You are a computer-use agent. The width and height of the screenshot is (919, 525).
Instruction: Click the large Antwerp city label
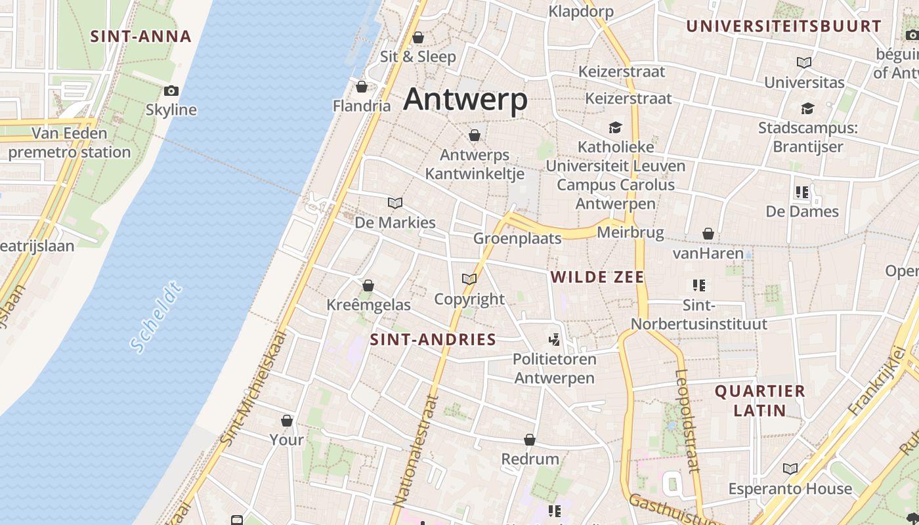[x=465, y=100]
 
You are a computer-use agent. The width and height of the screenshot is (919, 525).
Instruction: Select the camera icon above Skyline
[x=171, y=91]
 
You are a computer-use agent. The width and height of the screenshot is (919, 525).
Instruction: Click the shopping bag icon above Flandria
[x=361, y=87]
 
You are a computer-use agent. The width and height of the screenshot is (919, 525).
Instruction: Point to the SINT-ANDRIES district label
[x=433, y=339]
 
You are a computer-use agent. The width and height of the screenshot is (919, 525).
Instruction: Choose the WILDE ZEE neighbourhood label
[x=597, y=277]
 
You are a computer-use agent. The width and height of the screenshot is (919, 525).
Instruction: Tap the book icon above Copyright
[x=469, y=280]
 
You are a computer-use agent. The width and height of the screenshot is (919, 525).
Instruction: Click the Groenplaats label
[x=517, y=238]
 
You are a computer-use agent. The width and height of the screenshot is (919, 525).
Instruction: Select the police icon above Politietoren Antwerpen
[x=555, y=339]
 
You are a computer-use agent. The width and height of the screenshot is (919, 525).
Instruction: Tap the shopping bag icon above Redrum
[x=530, y=440]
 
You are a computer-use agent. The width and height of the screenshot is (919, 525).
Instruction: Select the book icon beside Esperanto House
[x=790, y=469]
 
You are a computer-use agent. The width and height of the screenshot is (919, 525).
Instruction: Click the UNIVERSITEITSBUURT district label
[x=784, y=26]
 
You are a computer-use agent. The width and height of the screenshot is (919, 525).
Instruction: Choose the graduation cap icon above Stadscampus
[x=807, y=108]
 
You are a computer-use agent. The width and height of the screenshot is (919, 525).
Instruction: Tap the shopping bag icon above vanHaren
[x=708, y=234]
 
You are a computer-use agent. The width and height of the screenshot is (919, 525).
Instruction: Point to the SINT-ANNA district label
[x=140, y=36]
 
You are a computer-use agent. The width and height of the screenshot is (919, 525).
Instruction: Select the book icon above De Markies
[x=395, y=203]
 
